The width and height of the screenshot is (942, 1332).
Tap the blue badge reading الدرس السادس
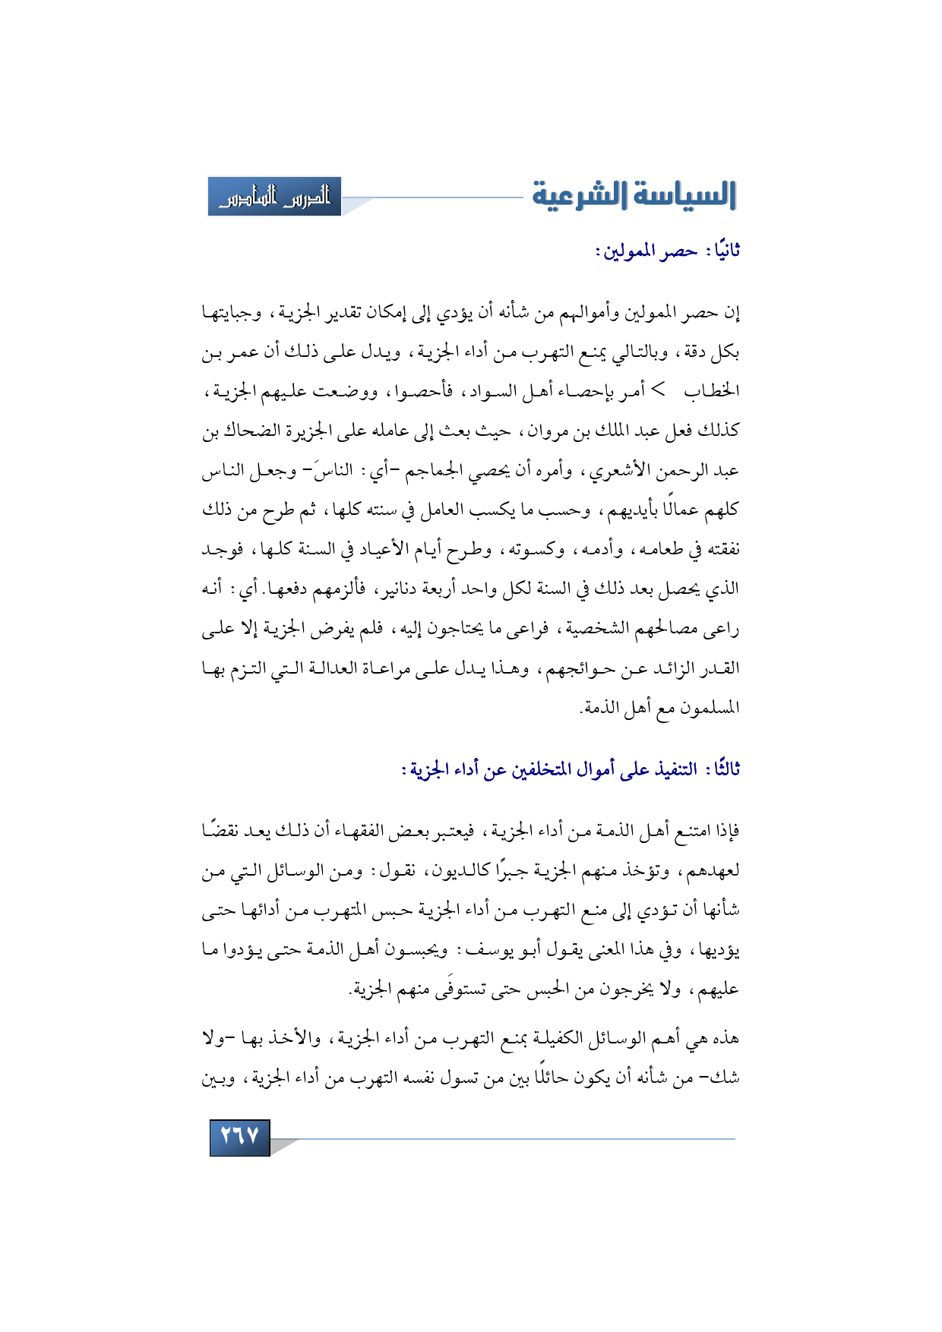click(x=274, y=197)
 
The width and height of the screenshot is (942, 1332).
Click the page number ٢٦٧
click(x=239, y=1137)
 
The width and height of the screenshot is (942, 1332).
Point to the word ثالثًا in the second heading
click(x=722, y=770)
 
